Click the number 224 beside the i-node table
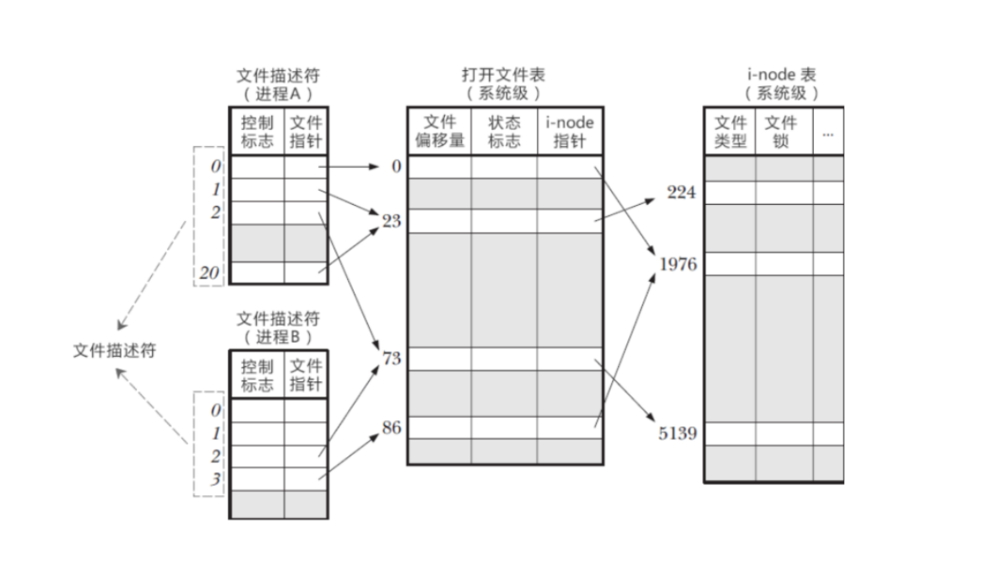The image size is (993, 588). (x=681, y=193)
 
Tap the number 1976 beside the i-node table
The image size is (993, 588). (x=678, y=265)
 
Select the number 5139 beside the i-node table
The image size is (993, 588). (x=678, y=434)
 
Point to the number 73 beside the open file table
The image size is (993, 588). (x=392, y=359)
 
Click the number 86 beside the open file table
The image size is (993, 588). (x=392, y=428)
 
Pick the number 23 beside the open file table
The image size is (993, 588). (x=392, y=221)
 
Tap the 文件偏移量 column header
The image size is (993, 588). (x=439, y=132)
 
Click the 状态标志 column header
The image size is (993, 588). (x=504, y=132)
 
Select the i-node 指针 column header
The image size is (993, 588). (x=570, y=132)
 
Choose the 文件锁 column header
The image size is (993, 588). (x=781, y=132)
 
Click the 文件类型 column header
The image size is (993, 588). (x=730, y=132)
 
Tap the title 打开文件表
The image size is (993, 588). (x=503, y=75)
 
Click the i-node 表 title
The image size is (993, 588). (x=781, y=75)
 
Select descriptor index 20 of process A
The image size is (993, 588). (x=209, y=273)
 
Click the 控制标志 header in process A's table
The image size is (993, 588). (x=257, y=132)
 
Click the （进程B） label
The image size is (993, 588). (x=278, y=337)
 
